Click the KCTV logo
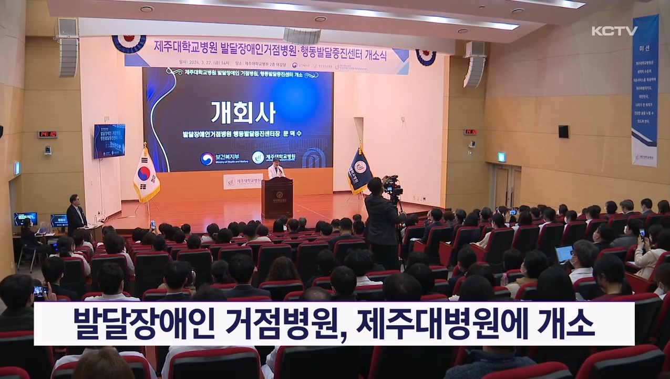pos(614,31)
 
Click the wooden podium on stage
pos(277,196)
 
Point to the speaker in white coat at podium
pos(275,170)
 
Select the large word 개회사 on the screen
pos(243,112)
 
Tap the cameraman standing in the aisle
pos(380,221)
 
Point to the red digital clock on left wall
pos(47,134)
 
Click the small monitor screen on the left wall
pos(109,141)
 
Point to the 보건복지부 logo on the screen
pos(221,158)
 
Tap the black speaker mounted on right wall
pos(563,132)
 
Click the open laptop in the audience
pos(564,254)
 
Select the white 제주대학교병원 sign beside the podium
pos(243,182)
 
